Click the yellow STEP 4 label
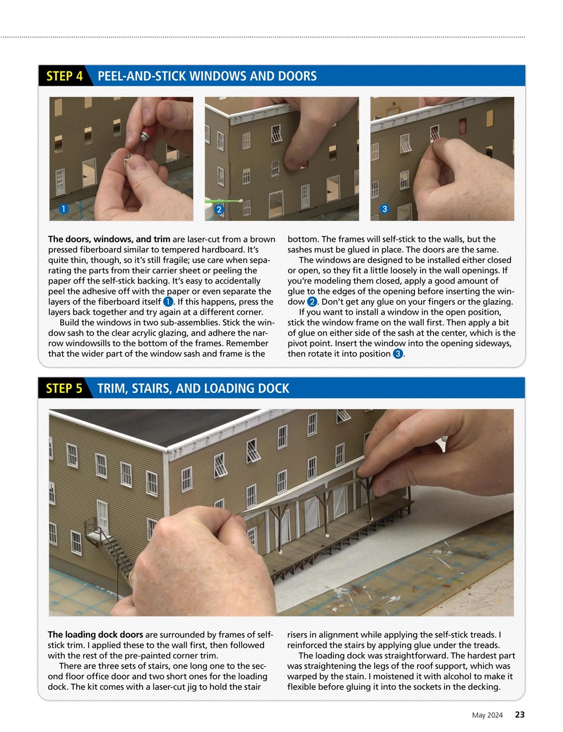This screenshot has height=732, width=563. coord(64,76)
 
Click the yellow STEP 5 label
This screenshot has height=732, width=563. coord(64,388)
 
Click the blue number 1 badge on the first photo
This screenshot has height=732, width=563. coord(64,209)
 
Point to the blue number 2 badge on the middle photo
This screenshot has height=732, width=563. coord(219,209)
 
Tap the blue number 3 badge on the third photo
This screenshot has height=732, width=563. coord(385,209)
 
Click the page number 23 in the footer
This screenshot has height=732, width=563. coord(519,714)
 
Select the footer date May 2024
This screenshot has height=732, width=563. coord(487,715)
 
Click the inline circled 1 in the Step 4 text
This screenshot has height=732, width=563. coord(168,301)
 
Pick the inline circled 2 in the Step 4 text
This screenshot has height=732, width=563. coord(312,301)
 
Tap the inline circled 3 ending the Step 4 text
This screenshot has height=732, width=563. coord(397,353)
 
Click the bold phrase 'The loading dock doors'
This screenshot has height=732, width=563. coord(95,634)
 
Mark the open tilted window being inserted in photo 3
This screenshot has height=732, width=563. coord(435,133)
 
